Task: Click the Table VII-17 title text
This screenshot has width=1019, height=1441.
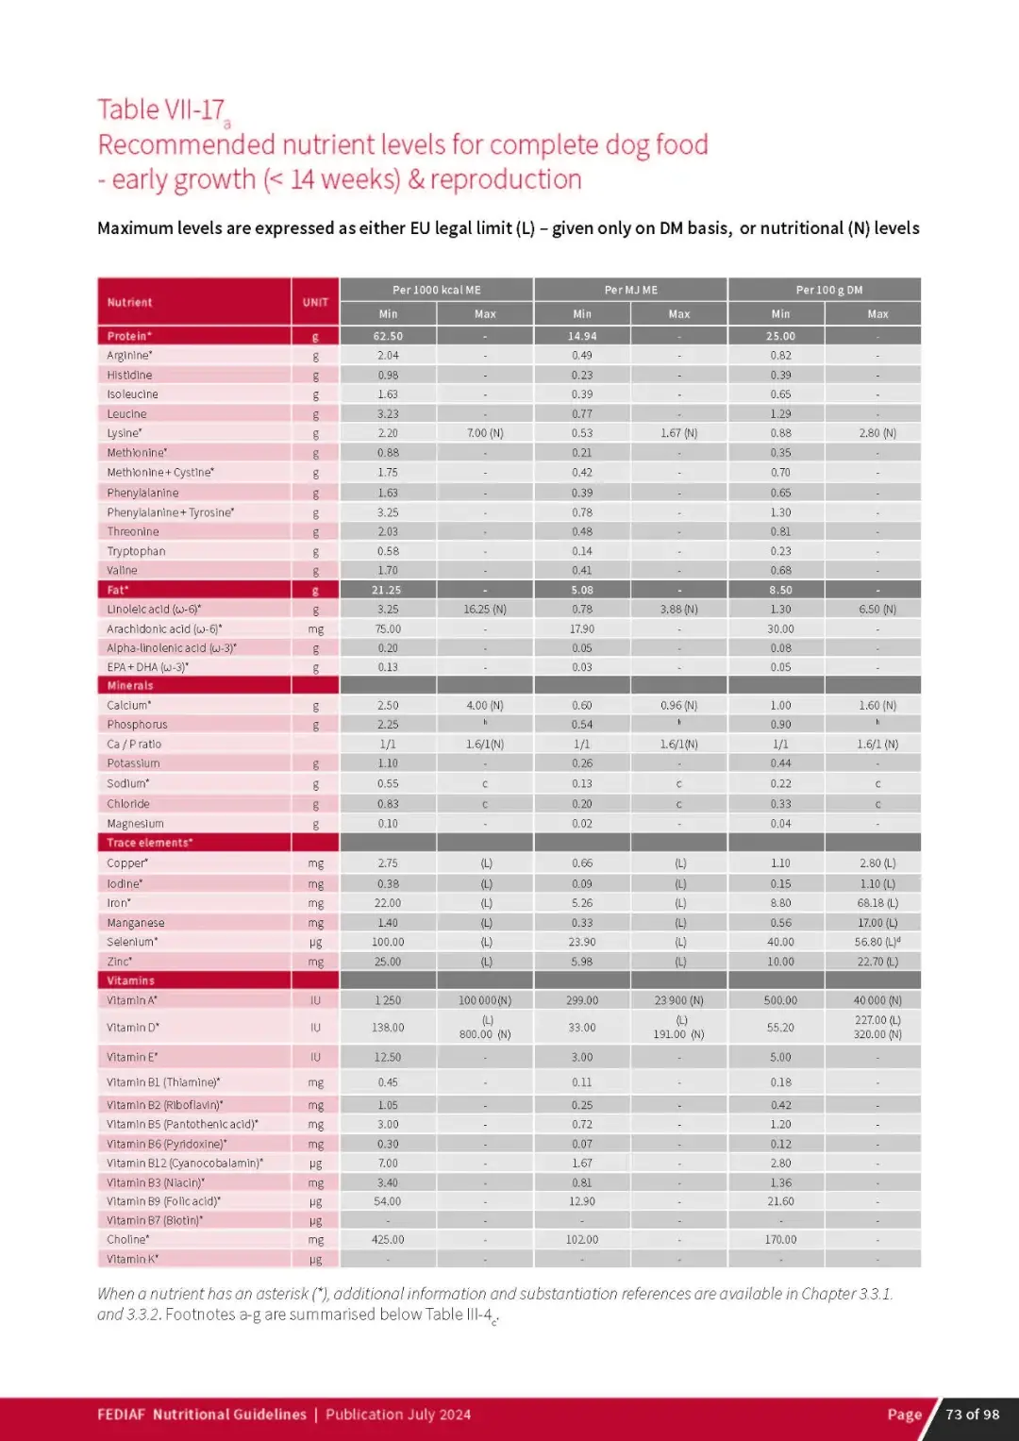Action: point(161,110)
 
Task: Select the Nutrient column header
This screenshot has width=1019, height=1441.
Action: point(129,303)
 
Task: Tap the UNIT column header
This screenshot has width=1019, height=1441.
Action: point(315,303)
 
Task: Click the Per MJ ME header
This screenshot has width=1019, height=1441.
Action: point(630,290)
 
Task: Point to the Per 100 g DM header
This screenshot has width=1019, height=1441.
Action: point(828,290)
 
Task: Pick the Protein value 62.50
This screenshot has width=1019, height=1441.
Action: point(388,336)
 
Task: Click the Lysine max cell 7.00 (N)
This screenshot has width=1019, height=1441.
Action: point(485,433)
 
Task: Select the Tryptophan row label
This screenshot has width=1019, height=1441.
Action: point(136,551)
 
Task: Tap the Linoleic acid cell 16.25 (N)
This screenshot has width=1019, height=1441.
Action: point(485,610)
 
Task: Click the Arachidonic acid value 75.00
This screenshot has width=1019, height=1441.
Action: point(388,629)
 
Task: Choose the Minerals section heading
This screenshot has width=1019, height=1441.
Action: point(130,686)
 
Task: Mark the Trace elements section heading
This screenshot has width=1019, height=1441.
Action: point(149,843)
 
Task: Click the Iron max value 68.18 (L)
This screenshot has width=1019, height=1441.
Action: point(877,903)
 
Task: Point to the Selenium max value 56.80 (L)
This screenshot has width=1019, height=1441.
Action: point(877,942)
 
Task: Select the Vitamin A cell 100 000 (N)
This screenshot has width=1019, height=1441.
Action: point(485,1000)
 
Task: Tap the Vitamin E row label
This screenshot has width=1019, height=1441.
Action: point(132,1058)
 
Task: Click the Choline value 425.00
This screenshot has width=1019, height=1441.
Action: point(388,1240)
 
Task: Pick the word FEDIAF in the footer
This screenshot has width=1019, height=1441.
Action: point(121,1415)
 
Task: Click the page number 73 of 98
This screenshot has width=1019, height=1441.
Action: point(972,1415)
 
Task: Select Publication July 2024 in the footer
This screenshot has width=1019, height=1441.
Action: point(398,1415)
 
